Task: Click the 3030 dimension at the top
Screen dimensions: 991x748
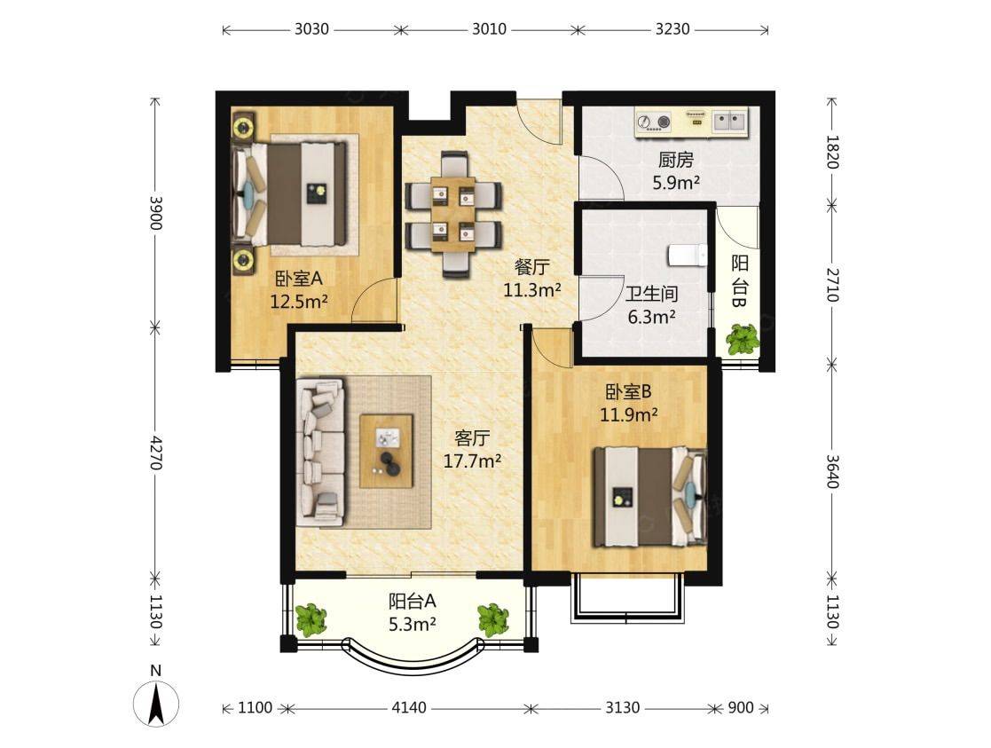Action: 311,29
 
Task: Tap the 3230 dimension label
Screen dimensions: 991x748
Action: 672,29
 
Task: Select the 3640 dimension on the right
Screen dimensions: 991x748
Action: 832,472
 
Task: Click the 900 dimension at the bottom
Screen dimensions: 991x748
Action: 741,707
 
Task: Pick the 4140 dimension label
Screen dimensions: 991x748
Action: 409,707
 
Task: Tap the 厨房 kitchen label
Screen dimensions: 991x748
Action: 676,160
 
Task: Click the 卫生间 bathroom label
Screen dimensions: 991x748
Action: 651,294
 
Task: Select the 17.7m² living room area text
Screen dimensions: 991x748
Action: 472,461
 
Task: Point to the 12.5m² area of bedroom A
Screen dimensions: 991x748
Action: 298,302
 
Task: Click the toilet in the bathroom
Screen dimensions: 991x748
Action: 688,254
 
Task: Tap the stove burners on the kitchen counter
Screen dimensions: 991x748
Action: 654,122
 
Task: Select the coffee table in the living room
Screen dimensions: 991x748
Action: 386,451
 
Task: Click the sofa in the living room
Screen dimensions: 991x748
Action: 320,453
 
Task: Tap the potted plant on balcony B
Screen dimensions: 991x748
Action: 742,340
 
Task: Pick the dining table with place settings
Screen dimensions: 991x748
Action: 453,215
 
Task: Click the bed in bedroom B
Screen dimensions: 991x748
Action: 649,496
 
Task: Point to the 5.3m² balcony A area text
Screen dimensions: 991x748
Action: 412,625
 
